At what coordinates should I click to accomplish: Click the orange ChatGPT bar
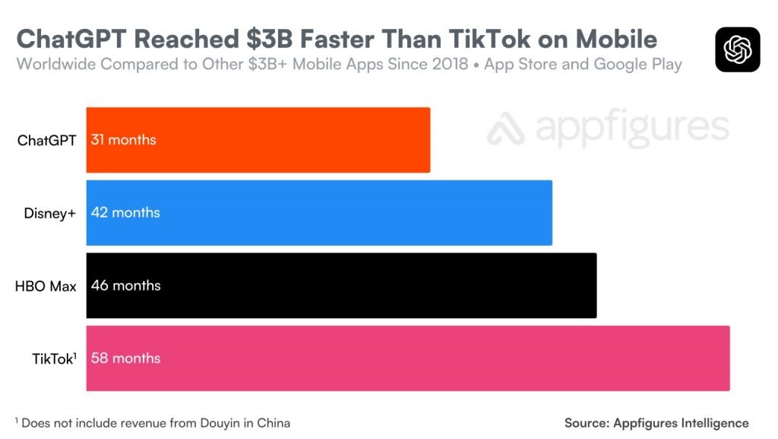tap(258, 140)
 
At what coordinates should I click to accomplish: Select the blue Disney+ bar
tap(319, 213)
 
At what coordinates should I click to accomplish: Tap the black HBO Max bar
tap(342, 285)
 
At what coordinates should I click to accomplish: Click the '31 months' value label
tap(123, 140)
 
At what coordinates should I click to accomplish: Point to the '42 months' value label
tap(125, 213)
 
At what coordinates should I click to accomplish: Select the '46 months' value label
tap(125, 286)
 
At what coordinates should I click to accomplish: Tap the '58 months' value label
tap(125, 358)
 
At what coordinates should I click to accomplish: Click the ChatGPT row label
tap(46, 141)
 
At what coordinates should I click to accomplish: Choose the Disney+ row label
tap(50, 214)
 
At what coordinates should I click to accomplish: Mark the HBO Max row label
tap(46, 287)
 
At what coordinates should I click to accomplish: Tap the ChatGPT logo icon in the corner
tap(737, 49)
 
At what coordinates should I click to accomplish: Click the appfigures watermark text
tap(608, 129)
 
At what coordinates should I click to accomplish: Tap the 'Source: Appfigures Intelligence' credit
tap(656, 423)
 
